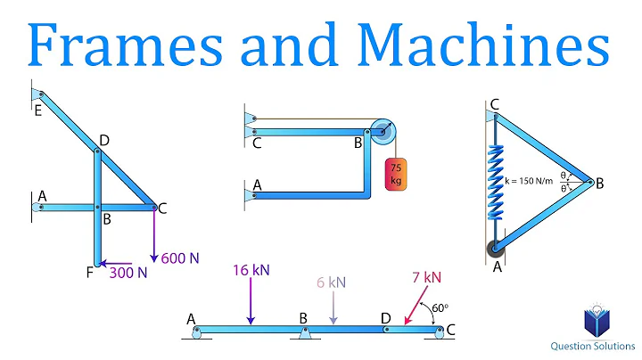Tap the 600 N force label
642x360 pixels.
point(181,258)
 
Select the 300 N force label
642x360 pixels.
point(128,273)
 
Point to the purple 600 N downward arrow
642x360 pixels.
point(153,236)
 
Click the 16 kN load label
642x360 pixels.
point(253,268)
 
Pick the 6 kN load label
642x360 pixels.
point(331,282)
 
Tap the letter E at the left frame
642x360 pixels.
point(37,111)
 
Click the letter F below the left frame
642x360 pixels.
point(88,272)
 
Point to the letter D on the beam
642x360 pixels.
point(384,318)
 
